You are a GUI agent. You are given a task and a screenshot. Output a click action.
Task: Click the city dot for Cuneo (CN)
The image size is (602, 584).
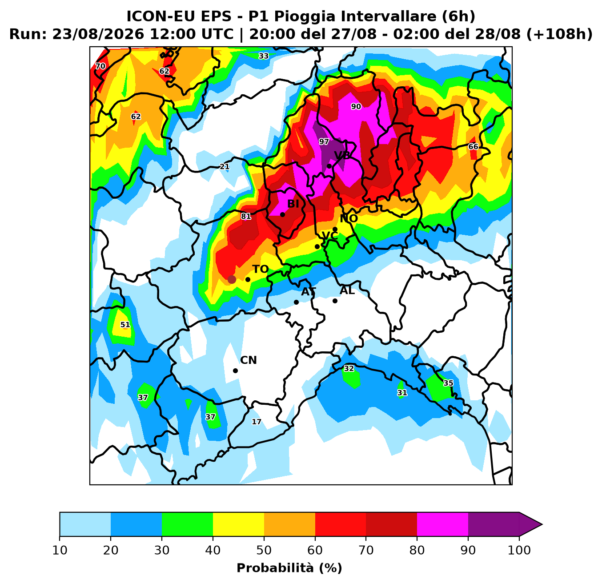(x=235, y=371)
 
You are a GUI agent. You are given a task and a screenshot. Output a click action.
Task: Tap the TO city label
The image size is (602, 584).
(x=261, y=269)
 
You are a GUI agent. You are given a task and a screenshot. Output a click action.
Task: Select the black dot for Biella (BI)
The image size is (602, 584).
(x=282, y=214)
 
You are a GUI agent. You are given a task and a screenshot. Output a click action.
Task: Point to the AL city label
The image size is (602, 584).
(x=347, y=290)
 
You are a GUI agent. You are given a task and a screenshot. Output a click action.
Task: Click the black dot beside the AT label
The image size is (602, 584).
(x=297, y=302)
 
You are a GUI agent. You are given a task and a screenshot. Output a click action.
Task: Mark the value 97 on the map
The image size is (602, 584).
(x=324, y=142)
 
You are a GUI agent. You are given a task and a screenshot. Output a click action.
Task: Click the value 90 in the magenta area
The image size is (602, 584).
(x=356, y=106)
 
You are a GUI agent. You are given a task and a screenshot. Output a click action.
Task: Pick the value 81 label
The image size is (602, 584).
(x=246, y=216)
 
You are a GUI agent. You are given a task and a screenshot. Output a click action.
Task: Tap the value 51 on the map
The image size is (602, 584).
(x=125, y=325)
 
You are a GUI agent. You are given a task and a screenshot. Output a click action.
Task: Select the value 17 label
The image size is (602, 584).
(x=257, y=422)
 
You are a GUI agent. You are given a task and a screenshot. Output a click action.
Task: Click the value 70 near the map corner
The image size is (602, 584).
(x=100, y=66)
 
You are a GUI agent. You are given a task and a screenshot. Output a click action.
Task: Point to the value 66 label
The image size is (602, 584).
(x=474, y=146)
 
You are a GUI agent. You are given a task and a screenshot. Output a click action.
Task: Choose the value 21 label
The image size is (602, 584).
(x=225, y=166)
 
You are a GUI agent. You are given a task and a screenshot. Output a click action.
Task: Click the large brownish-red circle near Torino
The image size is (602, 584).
(x=232, y=279)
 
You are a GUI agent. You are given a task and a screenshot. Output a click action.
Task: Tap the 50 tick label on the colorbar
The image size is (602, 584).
(x=264, y=550)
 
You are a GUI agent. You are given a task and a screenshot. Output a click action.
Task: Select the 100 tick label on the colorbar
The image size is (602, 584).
(x=519, y=550)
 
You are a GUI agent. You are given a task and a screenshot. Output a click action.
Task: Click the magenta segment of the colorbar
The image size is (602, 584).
(x=442, y=524)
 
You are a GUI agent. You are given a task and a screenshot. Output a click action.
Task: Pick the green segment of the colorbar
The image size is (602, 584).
(x=187, y=524)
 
